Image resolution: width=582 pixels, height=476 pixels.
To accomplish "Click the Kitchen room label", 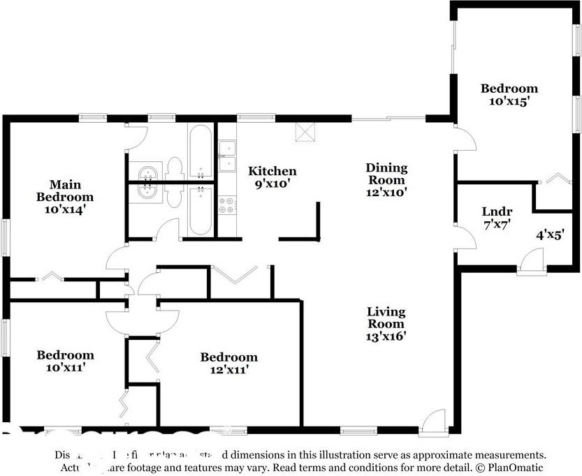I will click(272, 171).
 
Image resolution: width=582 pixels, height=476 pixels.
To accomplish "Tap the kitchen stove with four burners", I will click(227, 204).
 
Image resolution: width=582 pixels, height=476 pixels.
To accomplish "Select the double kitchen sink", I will click(227, 156).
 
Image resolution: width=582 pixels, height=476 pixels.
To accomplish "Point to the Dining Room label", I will click(386, 174).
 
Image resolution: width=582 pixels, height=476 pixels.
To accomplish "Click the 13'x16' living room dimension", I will click(386, 336).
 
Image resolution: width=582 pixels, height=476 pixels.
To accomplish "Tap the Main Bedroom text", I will click(64, 191).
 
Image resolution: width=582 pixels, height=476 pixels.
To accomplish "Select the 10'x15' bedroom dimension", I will click(509, 101).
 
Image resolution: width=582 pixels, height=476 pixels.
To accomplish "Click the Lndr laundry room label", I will click(497, 211).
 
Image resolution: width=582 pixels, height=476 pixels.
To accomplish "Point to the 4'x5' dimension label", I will click(550, 235).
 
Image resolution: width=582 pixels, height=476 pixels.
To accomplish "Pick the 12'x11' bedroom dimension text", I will click(228, 370).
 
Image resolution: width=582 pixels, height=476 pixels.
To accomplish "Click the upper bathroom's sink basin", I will click(147, 172).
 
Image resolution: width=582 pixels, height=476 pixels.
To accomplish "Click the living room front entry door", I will click(435, 422).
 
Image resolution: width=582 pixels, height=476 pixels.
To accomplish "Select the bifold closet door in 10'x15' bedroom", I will click(556, 179).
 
